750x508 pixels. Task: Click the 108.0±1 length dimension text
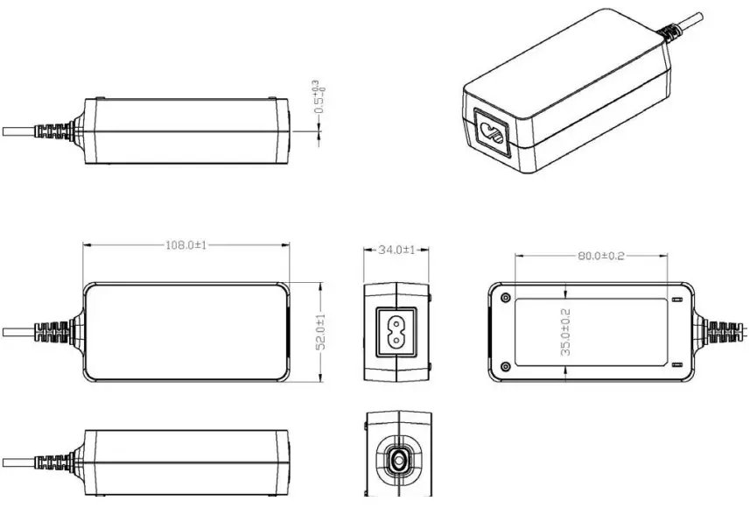coord(186,245)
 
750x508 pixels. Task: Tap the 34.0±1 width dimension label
coord(396,250)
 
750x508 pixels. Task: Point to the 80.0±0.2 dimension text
coord(600,256)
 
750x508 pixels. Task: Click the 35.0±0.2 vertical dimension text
coord(565,331)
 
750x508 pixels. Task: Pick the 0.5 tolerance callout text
coord(319,97)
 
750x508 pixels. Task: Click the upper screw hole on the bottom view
coord(505,298)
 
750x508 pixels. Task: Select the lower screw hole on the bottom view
coord(505,365)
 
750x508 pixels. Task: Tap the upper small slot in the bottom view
coord(674,300)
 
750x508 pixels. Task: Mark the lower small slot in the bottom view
coord(674,363)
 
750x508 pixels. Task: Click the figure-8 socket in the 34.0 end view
coord(396,331)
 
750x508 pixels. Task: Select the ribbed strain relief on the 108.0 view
coord(53,332)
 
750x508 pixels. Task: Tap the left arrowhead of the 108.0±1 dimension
coord(86,245)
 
